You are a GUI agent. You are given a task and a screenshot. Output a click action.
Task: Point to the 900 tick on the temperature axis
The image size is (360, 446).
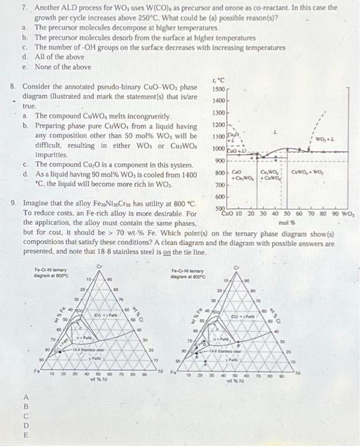point(219,159)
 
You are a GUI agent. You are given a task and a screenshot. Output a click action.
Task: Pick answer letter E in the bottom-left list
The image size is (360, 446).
point(25,435)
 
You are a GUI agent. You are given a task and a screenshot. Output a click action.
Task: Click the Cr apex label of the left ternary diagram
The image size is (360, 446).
point(99,265)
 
